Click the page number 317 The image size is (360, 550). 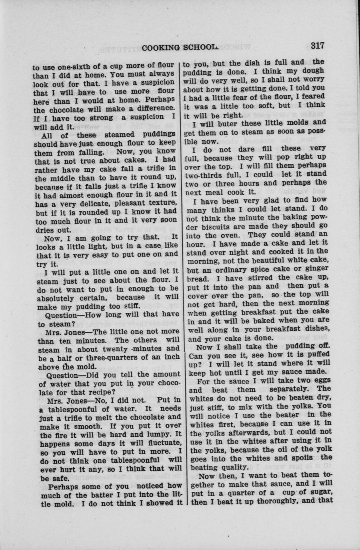pos(317,45)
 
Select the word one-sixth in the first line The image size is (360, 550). pos(69,65)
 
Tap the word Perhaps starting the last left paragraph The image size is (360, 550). pos(63,486)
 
